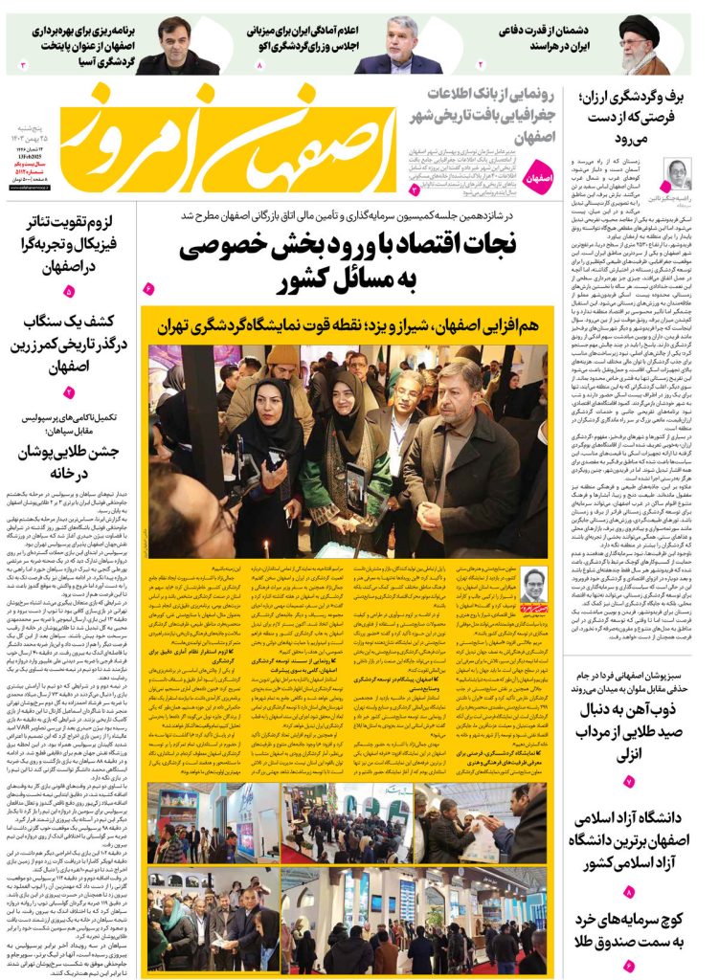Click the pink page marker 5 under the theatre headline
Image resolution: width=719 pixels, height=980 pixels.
click(69, 291)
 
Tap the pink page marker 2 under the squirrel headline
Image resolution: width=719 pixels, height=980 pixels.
click(69, 392)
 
